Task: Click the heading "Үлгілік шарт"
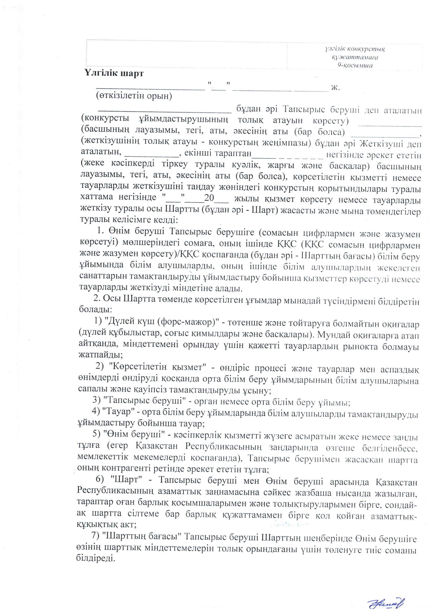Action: point(114,74)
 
